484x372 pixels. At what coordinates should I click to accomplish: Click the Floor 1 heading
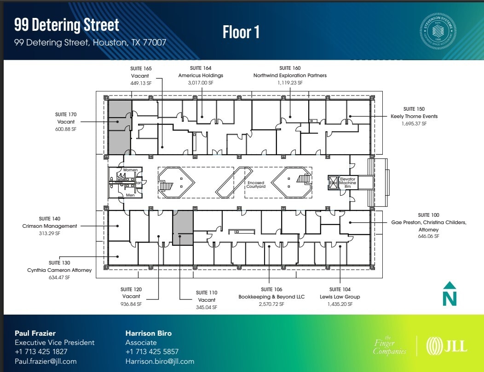242,32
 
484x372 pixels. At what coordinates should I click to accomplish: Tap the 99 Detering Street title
67,25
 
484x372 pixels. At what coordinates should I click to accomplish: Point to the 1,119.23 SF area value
290,83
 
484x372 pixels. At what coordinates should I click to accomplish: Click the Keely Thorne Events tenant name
414,116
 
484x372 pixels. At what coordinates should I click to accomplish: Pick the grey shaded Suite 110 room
183,228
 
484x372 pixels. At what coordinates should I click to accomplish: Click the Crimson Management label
50,226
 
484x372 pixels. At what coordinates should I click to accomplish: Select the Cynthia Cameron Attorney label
59,270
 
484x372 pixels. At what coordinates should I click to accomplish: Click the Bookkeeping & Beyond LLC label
271,297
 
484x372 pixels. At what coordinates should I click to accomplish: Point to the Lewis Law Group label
340,297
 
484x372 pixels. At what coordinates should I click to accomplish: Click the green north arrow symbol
449,293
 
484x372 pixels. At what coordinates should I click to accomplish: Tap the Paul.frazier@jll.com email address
46,361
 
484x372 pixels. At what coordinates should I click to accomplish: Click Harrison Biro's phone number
152,352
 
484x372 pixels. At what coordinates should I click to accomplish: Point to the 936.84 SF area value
131,304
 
